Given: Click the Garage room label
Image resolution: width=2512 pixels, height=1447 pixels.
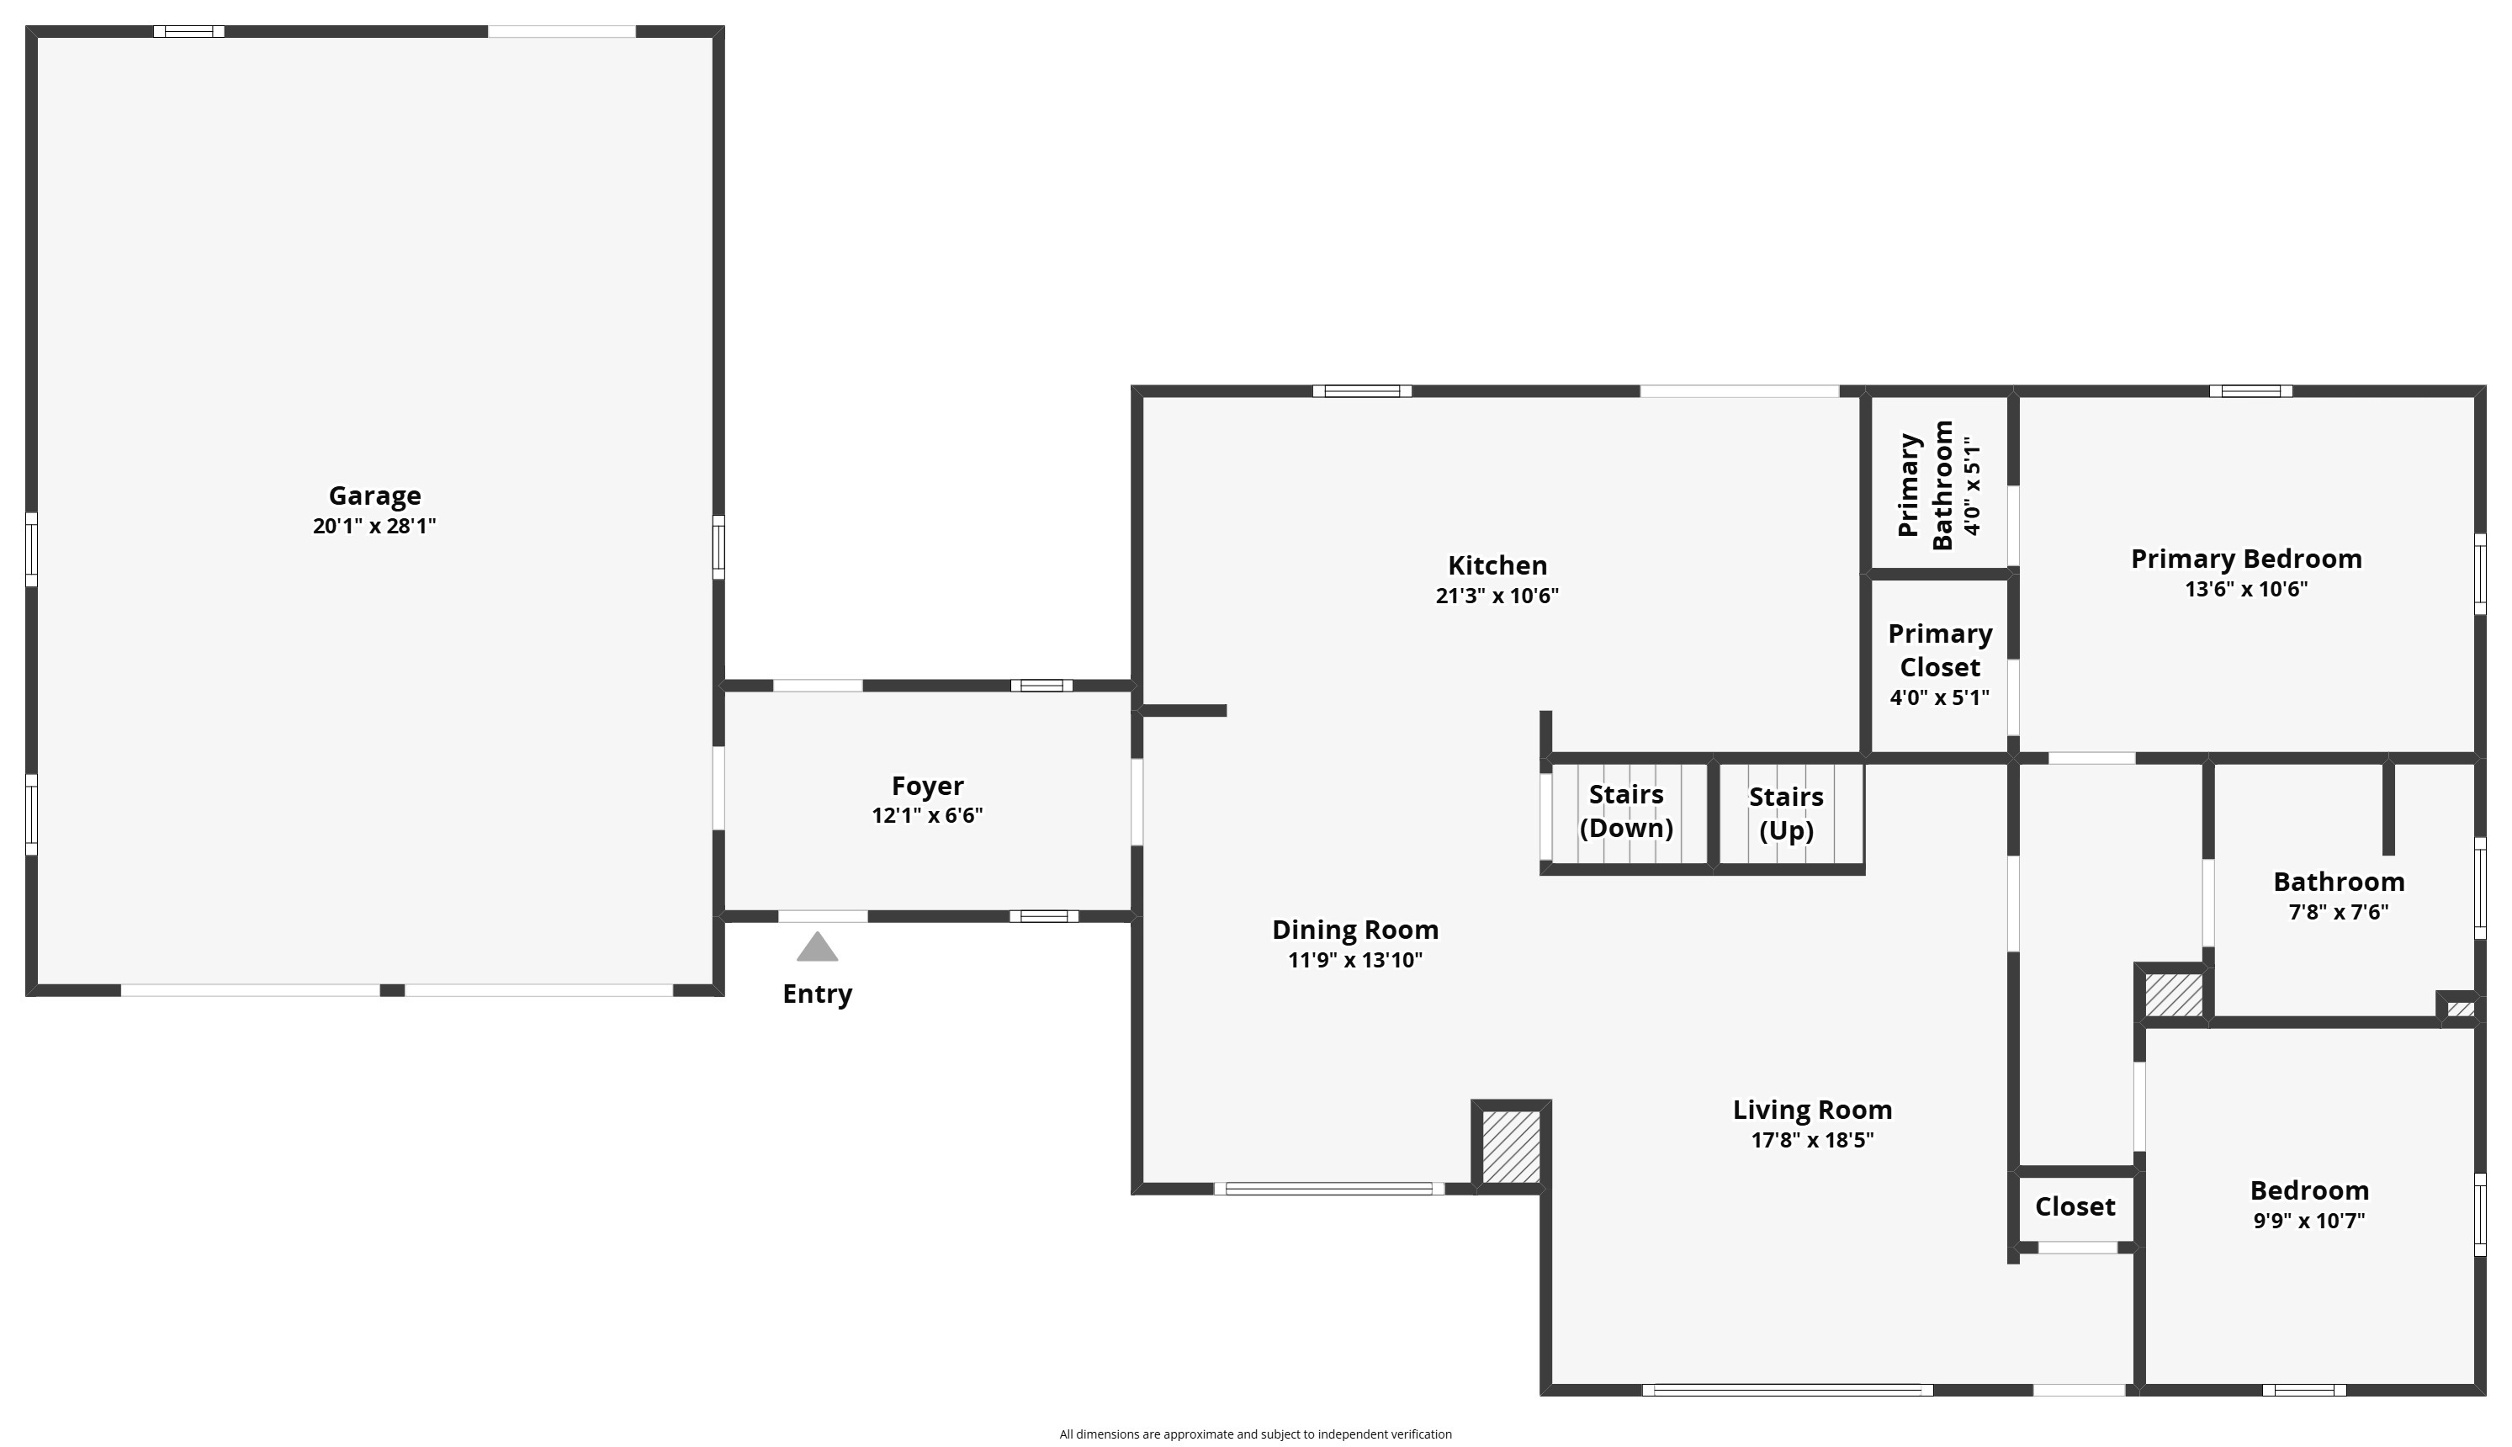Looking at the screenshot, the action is tap(374, 495).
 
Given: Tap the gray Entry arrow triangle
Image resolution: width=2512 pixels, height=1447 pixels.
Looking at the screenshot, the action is tap(817, 947).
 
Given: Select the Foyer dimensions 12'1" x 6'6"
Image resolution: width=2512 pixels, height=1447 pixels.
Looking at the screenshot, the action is tap(927, 815).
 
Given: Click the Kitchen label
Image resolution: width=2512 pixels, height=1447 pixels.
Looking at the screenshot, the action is tap(1497, 565).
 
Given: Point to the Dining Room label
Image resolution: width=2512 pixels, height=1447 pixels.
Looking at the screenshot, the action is tap(1355, 930).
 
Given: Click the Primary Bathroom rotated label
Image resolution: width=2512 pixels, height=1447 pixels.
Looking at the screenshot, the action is tap(1925, 485).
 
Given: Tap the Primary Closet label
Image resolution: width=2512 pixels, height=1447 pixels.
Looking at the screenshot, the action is tap(1940, 650).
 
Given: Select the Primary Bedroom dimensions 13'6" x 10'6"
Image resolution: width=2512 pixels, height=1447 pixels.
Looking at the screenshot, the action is tap(2245, 588).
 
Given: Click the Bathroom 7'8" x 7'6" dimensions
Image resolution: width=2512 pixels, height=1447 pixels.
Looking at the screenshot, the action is tap(2338, 911).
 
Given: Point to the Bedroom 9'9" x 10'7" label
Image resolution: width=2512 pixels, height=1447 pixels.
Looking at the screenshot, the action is tap(2309, 1204).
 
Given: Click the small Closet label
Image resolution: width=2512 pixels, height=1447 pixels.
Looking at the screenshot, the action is tap(2075, 1206).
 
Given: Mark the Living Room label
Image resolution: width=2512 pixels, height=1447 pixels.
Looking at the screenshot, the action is tap(1812, 1110).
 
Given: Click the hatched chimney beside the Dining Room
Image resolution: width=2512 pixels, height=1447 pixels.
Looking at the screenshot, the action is tap(1510, 1147).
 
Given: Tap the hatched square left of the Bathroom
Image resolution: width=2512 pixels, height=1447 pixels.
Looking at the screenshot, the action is tap(2173, 994).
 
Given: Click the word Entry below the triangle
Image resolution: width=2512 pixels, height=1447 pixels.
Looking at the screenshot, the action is tap(817, 994).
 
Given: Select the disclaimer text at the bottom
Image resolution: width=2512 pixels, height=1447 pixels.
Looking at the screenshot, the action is tap(1255, 1434).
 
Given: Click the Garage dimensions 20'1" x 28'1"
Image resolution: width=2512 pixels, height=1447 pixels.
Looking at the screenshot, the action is tap(374, 526).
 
